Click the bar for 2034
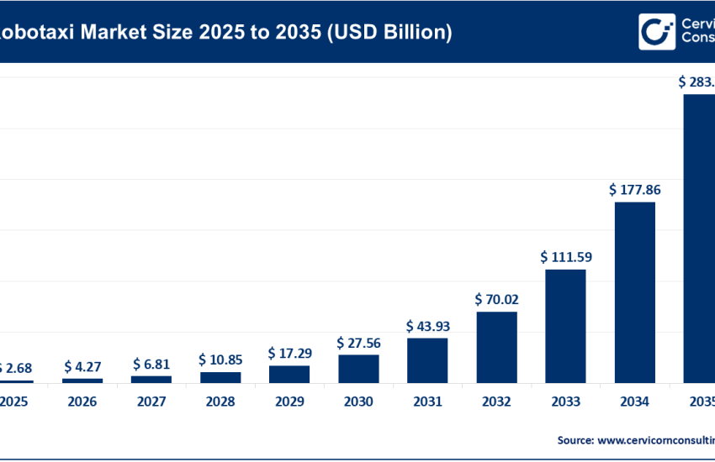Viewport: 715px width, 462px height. pos(634,292)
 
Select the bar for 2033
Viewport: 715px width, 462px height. pos(565,326)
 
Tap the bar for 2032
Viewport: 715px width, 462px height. pos(496,347)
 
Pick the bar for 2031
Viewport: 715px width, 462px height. pos(427,360)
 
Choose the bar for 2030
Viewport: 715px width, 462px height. pos(358,369)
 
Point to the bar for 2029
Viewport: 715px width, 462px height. pos(289,374)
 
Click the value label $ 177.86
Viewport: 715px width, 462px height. pos(634,190)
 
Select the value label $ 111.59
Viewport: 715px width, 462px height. pos(566,257)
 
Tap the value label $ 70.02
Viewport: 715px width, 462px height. pos(497,299)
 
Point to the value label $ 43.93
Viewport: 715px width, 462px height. pos(428,325)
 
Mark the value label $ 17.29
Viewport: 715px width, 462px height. pos(289,353)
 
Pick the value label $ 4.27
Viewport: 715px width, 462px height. pos(82,366)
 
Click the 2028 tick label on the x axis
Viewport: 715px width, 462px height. pos(220,402)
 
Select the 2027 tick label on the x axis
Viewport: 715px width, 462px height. pos(151,402)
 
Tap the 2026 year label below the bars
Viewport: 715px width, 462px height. pos(82,402)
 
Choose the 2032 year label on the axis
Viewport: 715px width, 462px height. pos(496,402)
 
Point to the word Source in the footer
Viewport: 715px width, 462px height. pos(575,439)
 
